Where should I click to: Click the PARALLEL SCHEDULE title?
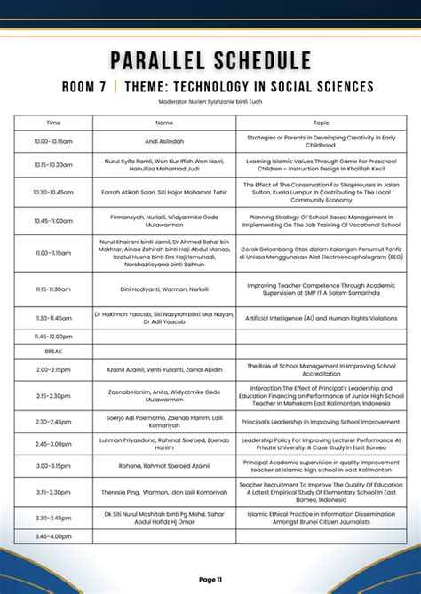point(210,60)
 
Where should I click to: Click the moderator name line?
point(210,102)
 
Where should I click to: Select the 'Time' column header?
point(53,123)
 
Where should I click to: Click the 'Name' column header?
point(164,123)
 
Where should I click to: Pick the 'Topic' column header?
point(321,123)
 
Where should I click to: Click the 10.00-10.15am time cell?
point(53,141)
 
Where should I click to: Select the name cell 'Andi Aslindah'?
point(164,141)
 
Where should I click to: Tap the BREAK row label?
point(53,352)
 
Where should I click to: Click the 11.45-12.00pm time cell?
point(53,337)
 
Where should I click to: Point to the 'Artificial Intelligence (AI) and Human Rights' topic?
point(321,317)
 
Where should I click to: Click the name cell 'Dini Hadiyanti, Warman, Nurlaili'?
point(164,289)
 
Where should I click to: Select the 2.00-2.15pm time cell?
point(53,369)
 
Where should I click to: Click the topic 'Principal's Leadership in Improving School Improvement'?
point(321,422)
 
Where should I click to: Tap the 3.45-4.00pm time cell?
point(53,536)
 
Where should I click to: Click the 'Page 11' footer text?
point(210,579)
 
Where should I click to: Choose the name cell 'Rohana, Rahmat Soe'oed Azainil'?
point(164,465)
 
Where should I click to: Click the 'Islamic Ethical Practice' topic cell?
point(321,518)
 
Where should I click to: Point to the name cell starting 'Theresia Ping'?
point(164,491)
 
